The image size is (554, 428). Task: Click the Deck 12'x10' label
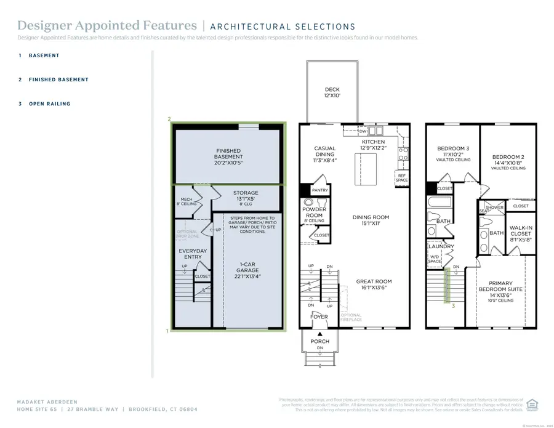pyautogui.click(x=332, y=92)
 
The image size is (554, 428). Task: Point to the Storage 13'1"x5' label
pyautogui.click(x=246, y=196)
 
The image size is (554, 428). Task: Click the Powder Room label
pyautogui.click(x=314, y=212)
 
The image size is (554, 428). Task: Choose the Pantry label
pyautogui.click(x=319, y=190)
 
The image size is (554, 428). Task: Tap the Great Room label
pyautogui.click(x=374, y=285)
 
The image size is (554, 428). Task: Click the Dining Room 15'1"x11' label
pyautogui.click(x=371, y=220)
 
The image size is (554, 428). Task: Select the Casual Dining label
pyautogui.click(x=325, y=154)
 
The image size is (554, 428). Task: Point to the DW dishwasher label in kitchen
pyautogui.click(x=363, y=131)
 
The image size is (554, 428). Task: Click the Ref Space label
pyautogui.click(x=401, y=177)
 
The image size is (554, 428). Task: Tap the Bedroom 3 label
pyautogui.click(x=453, y=152)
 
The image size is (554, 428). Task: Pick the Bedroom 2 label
pyautogui.click(x=508, y=161)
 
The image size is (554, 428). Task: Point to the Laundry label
pyautogui.click(x=441, y=246)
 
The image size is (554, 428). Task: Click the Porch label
pyautogui.click(x=319, y=341)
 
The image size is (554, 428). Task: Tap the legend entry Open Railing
pyautogui.click(x=49, y=104)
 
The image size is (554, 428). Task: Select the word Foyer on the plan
pyautogui.click(x=319, y=317)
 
